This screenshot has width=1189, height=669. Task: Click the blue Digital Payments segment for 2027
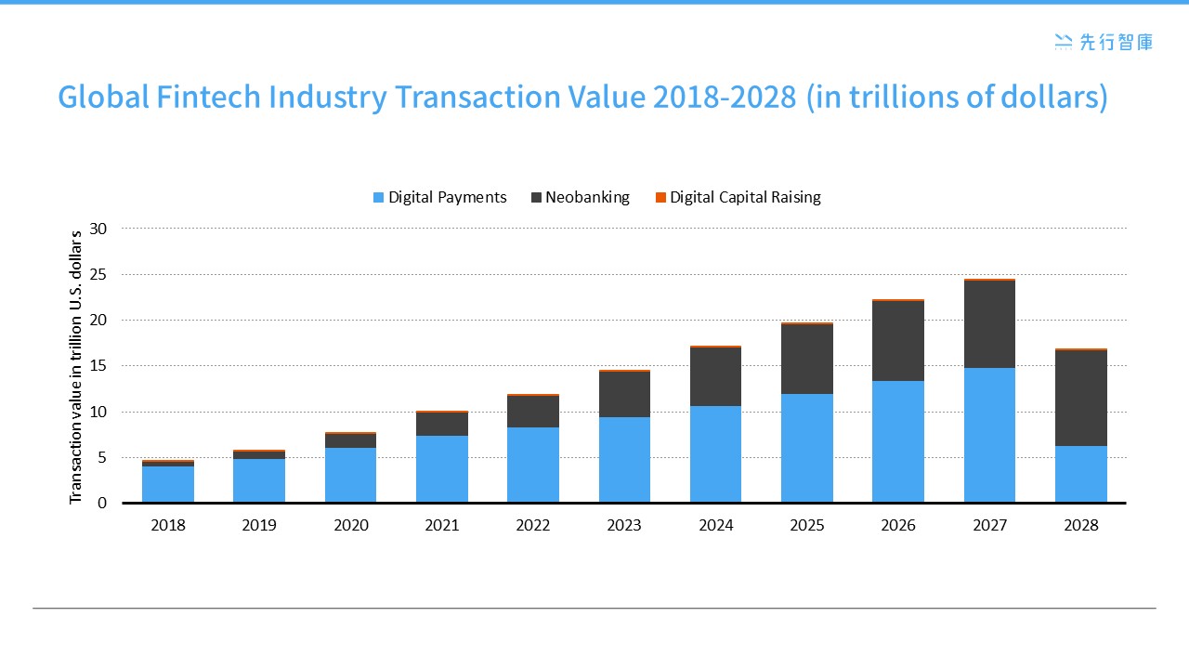pyautogui.click(x=989, y=435)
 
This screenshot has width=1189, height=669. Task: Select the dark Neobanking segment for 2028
pyautogui.click(x=1080, y=398)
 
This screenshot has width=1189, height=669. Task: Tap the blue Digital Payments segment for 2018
pyautogui.click(x=168, y=483)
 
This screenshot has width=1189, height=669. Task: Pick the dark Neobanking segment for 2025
pyautogui.click(x=806, y=359)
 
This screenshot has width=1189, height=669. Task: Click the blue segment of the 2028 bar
pyautogui.click(x=1080, y=474)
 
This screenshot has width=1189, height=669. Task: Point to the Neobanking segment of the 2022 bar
pyautogui.click(x=533, y=412)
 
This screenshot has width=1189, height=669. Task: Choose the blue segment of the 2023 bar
pyautogui.click(x=624, y=459)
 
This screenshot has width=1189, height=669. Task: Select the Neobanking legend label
pyautogui.click(x=587, y=197)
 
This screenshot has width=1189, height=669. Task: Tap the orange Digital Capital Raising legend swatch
pyautogui.click(x=660, y=198)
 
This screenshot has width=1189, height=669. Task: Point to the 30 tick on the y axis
pyautogui.click(x=98, y=229)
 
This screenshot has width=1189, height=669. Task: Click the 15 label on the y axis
pyautogui.click(x=98, y=366)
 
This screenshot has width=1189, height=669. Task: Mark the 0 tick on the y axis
pyautogui.click(x=102, y=503)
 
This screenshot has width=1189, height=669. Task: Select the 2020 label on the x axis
pyautogui.click(x=350, y=525)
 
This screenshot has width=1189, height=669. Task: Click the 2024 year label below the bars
pyautogui.click(x=715, y=525)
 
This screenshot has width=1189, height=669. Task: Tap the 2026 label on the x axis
pyautogui.click(x=898, y=525)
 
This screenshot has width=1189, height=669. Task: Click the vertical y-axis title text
pyautogui.click(x=77, y=366)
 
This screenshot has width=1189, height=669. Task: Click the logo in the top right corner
pyautogui.click(x=1104, y=41)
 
